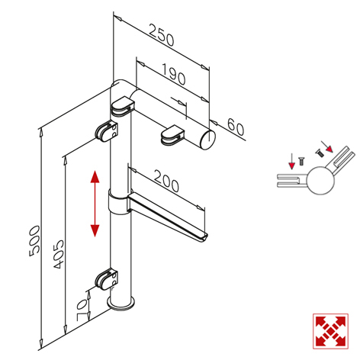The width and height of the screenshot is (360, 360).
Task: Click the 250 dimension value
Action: [162, 35]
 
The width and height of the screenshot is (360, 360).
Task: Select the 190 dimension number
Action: [173, 74]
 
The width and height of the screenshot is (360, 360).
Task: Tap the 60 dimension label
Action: [236, 127]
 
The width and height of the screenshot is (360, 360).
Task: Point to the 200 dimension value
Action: [166, 181]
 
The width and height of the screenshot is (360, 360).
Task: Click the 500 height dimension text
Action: [34, 241]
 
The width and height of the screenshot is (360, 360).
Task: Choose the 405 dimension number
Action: [59, 254]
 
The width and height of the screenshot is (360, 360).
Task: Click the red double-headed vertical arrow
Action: [95, 204]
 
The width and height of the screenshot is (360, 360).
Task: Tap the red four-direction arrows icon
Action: [330, 331]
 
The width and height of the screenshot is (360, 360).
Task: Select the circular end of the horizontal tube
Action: [208, 139]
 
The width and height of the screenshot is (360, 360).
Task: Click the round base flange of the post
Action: [121, 304]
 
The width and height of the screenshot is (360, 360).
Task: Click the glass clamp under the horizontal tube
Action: [172, 134]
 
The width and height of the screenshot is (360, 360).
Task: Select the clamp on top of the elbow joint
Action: [122, 107]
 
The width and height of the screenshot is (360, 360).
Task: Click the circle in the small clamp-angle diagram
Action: [320, 181]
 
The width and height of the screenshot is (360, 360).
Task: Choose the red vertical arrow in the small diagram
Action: [292, 161]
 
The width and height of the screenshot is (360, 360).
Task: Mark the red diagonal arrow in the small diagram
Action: [327, 147]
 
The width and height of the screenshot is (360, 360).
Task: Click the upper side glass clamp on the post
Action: [107, 131]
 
